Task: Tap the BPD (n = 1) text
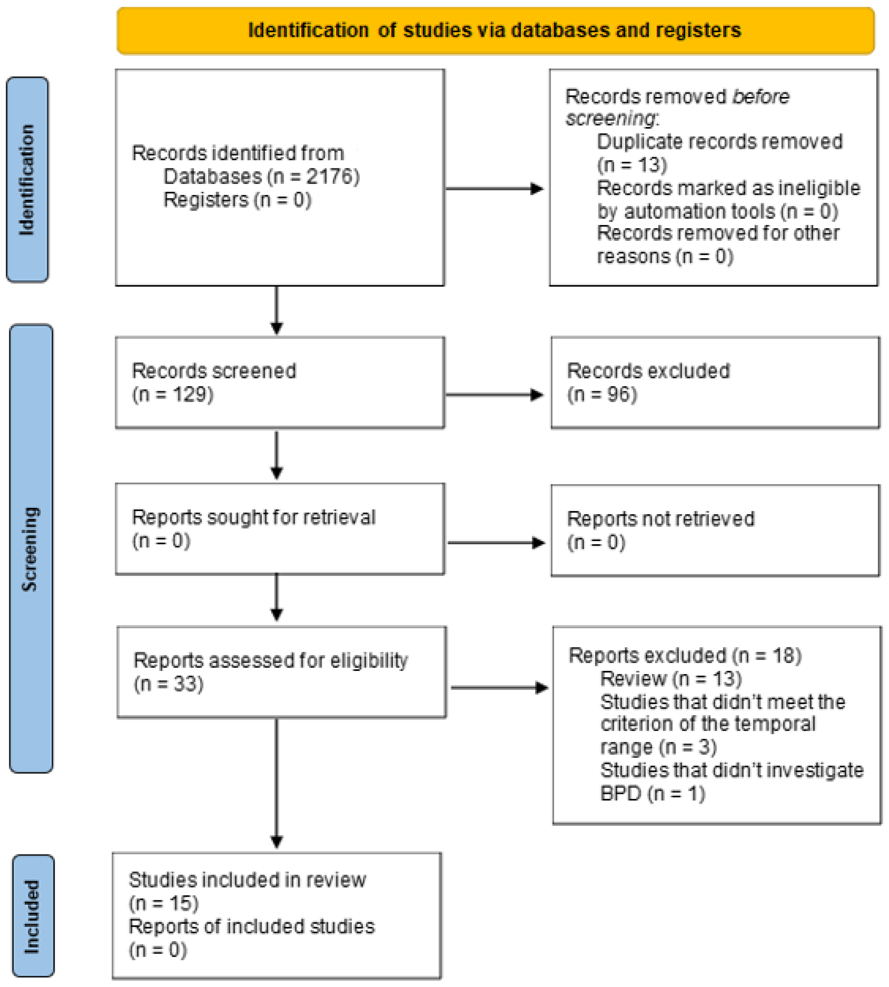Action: coord(652,794)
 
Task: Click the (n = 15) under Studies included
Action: coord(164,904)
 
